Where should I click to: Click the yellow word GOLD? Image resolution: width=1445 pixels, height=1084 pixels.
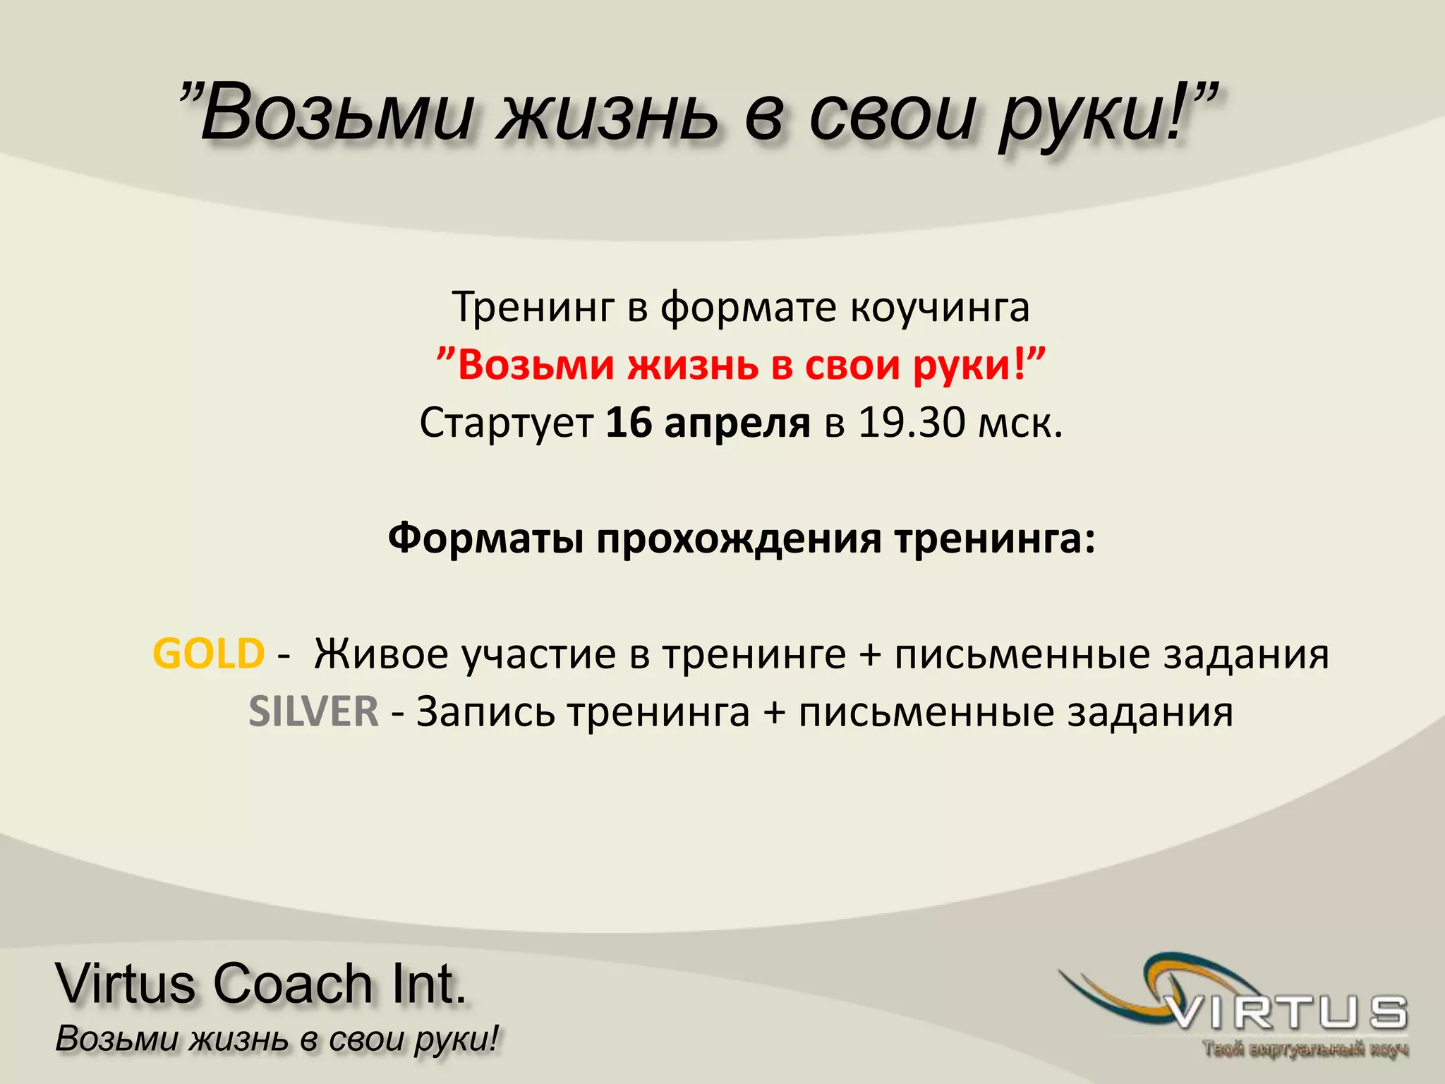209,654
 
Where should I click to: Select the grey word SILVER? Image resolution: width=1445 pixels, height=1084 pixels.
313,711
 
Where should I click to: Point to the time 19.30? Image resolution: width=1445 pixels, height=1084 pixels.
911,423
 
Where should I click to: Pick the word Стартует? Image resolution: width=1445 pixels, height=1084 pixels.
506,423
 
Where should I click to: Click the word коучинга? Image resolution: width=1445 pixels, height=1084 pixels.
939,308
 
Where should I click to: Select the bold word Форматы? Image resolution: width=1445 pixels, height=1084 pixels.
485,539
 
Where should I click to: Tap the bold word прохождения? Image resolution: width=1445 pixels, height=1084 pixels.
739,539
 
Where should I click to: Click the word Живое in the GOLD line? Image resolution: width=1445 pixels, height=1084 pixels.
381,654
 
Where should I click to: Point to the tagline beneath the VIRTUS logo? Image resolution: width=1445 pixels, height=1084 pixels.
1305,1050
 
